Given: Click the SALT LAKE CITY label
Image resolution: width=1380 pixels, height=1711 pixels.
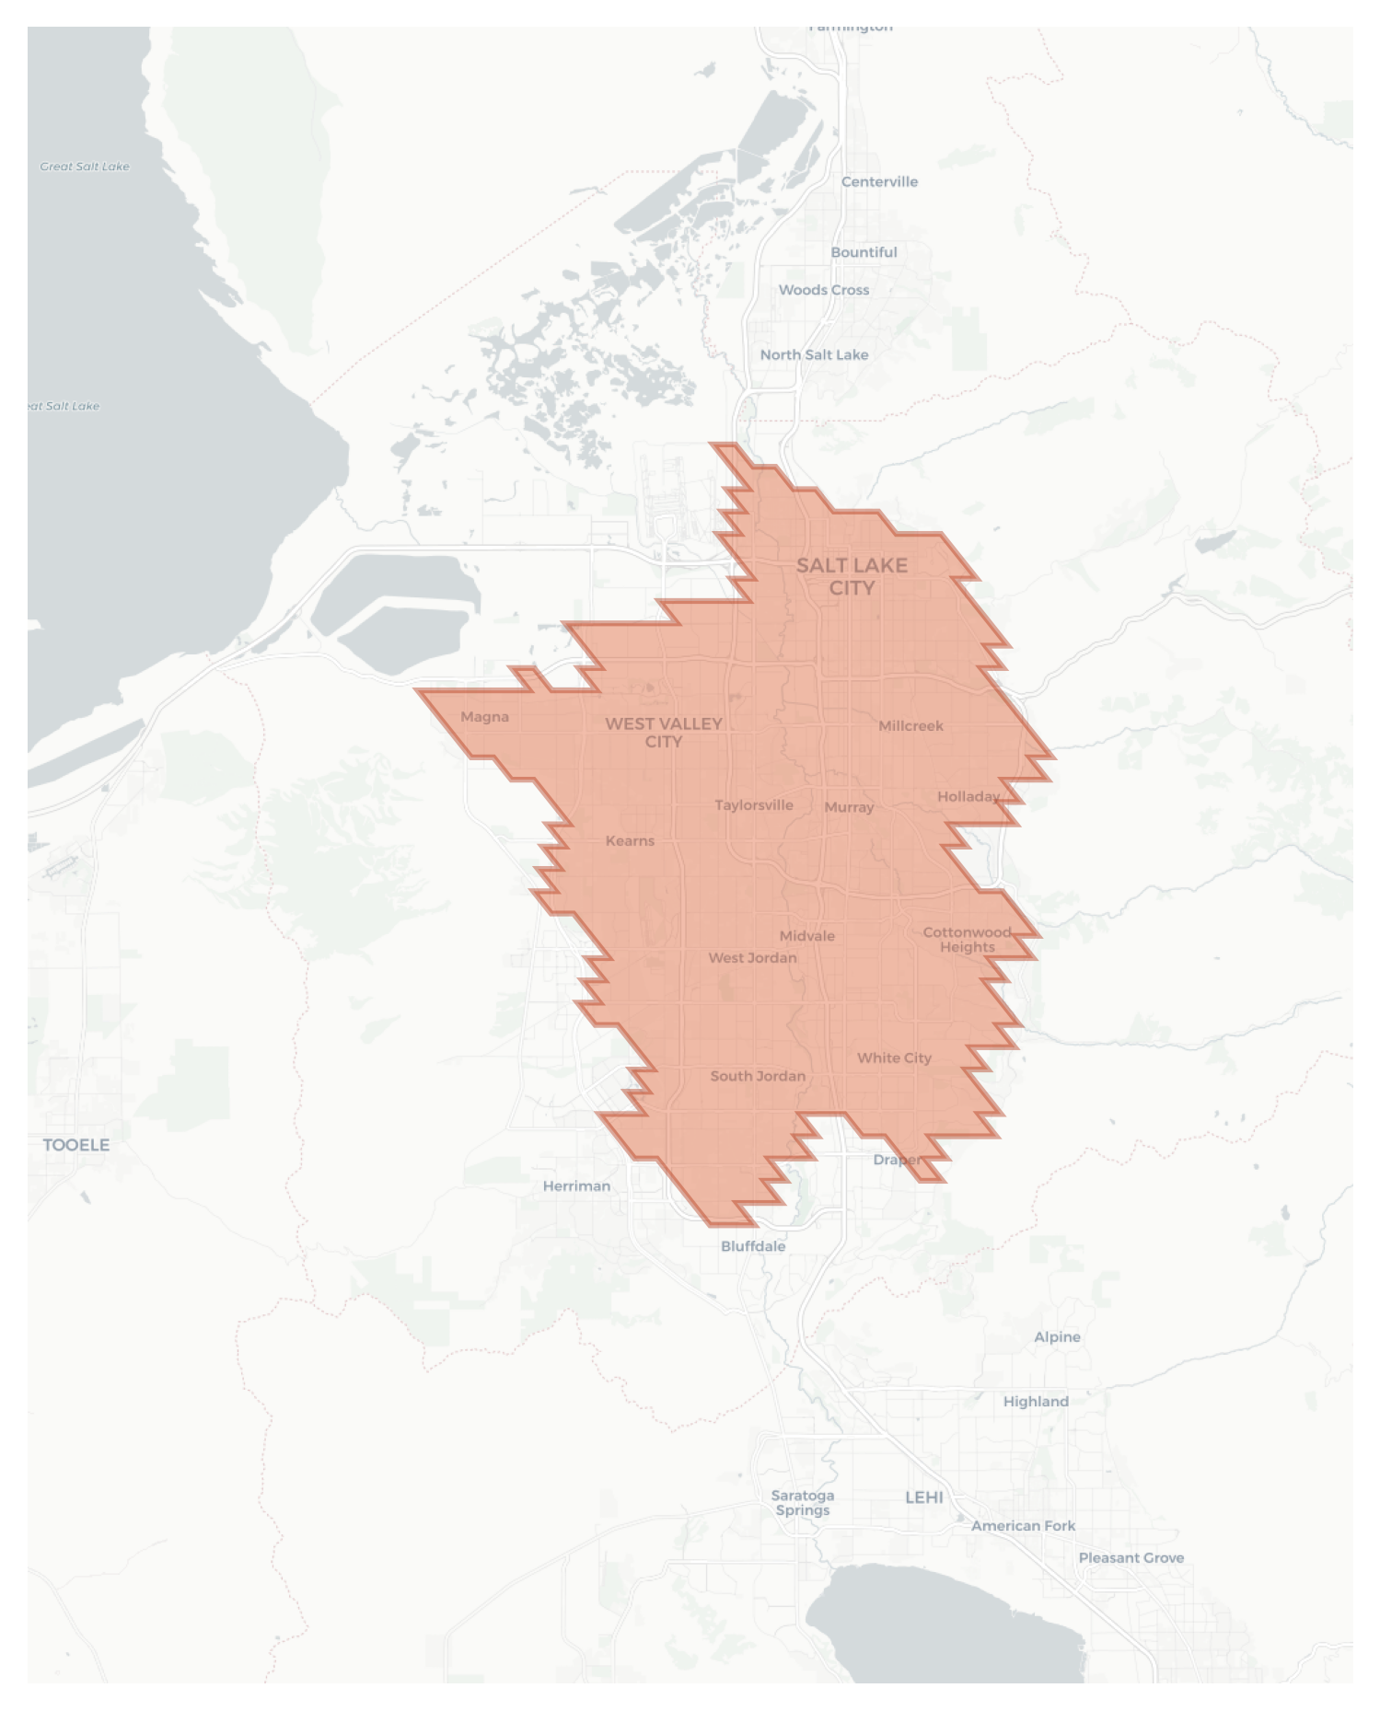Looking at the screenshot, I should click(x=852, y=576).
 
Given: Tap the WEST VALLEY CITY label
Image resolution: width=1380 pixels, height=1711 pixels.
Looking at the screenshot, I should click(x=663, y=733).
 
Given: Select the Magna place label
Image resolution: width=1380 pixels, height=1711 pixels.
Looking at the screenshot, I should click(x=484, y=717).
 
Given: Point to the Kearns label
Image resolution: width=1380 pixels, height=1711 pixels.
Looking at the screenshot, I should click(x=630, y=840).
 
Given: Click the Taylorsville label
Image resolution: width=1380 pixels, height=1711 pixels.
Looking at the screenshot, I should click(x=753, y=805).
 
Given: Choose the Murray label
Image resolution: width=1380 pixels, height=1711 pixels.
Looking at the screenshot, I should click(x=849, y=807).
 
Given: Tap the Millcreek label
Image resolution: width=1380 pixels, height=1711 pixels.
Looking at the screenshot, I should click(x=910, y=725).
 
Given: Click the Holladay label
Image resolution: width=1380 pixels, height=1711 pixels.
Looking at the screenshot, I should click(x=968, y=796).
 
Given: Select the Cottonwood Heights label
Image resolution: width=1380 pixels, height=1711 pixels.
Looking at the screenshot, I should click(x=967, y=940).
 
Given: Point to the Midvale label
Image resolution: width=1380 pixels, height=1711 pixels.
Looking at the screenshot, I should click(x=806, y=936).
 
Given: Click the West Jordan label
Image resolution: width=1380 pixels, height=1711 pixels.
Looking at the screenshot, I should click(x=752, y=958).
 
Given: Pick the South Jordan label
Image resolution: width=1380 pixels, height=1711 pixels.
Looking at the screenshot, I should click(x=758, y=1076).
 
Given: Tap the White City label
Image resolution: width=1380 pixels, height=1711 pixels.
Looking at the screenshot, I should click(x=894, y=1058).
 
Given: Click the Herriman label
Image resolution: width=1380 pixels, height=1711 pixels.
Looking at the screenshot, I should click(x=576, y=1185).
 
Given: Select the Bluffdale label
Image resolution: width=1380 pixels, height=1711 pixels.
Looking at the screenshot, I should click(x=753, y=1246).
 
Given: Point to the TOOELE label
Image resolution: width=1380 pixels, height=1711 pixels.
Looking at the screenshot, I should click(x=76, y=1145).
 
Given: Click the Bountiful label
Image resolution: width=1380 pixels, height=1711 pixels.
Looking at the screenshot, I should click(x=864, y=252).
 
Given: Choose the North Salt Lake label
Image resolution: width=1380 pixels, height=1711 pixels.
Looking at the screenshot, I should click(x=814, y=354).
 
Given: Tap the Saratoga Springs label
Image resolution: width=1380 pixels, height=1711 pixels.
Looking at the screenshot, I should click(x=803, y=1503).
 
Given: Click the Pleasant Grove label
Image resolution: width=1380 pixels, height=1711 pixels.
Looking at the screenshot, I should click(x=1131, y=1558).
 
